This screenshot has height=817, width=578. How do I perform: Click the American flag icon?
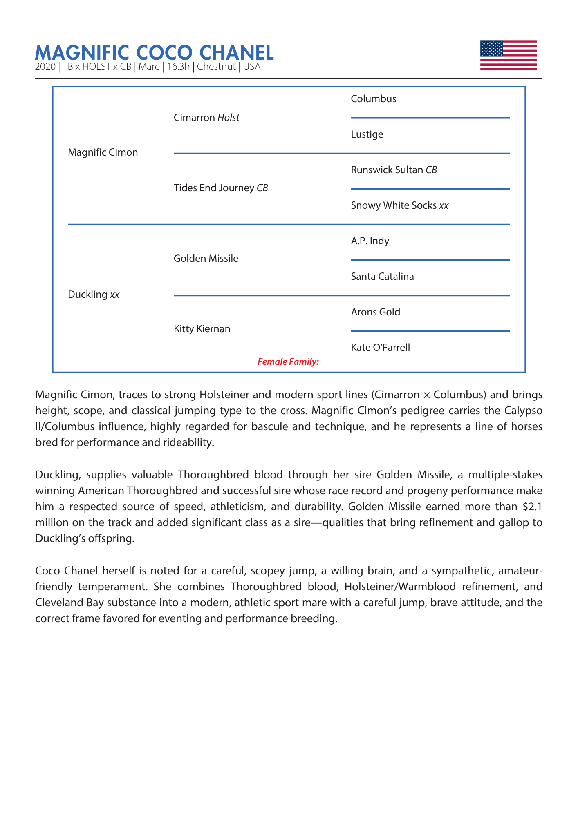(x=508, y=56)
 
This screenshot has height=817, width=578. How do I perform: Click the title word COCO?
(x=164, y=53)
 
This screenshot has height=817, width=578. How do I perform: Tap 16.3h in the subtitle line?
(x=178, y=67)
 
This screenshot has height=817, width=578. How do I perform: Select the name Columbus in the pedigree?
(x=373, y=99)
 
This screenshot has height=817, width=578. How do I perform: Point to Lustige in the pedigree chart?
(x=367, y=134)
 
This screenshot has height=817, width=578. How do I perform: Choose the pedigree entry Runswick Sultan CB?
(x=394, y=170)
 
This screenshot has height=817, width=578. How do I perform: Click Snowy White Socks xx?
(x=399, y=205)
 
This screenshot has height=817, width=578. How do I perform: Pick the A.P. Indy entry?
(x=370, y=241)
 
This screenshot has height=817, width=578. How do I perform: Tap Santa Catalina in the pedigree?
(x=382, y=277)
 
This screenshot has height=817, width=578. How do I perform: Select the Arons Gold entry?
(x=375, y=312)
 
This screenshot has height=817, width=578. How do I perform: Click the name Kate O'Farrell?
(x=380, y=348)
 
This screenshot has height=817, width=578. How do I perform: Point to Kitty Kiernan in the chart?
(x=202, y=329)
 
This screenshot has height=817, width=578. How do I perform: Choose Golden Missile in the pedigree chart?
(x=206, y=259)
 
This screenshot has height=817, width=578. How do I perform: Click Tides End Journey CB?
(x=221, y=188)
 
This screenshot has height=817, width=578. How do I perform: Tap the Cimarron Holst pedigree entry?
(x=206, y=118)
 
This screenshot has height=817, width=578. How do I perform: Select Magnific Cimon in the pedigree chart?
(x=103, y=152)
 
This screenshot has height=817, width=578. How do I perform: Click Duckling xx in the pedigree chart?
(x=94, y=295)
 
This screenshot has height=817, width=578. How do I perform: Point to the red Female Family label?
(x=288, y=362)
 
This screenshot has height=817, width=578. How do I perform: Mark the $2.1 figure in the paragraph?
(x=532, y=507)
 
